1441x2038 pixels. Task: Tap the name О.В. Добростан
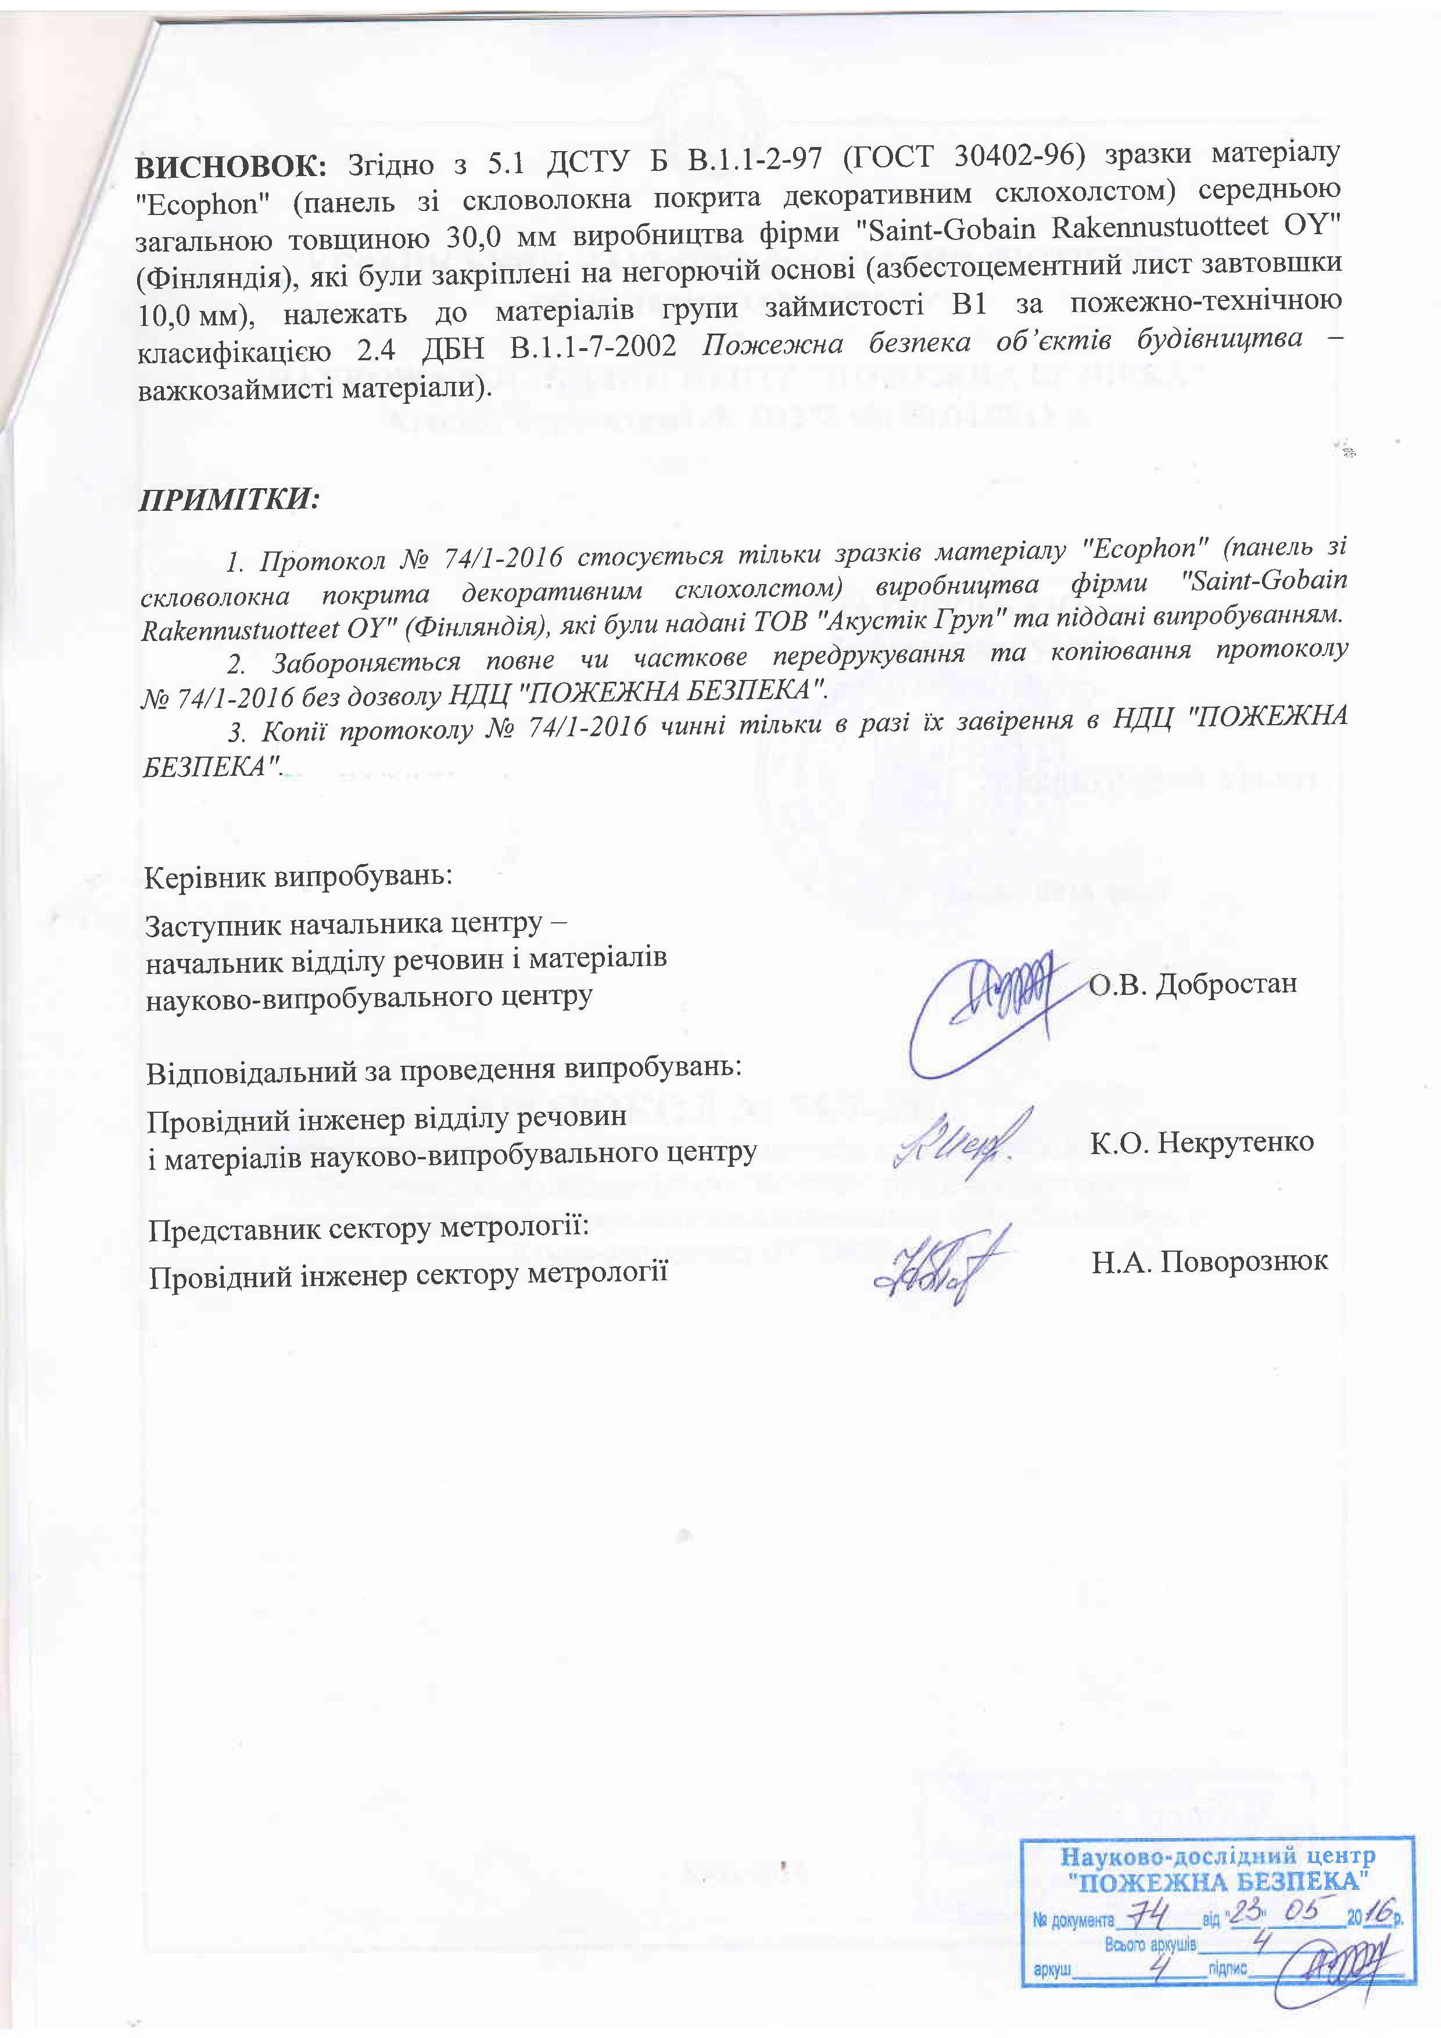pyautogui.click(x=1192, y=983)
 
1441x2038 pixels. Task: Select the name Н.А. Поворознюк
pyautogui.click(x=1209, y=1261)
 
